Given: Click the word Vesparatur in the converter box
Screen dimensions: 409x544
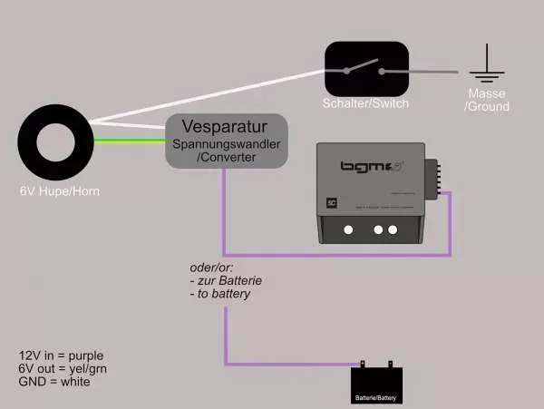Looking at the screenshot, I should coord(226,126).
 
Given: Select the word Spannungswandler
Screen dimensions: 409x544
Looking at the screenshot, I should coord(226,144).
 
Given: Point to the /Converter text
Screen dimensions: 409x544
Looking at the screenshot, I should coord(226,158).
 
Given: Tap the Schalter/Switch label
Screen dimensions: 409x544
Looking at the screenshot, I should coord(365,103).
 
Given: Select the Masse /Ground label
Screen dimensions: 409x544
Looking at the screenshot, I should coord(487,100).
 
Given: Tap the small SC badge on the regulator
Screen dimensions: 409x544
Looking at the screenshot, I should coord(331,203).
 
